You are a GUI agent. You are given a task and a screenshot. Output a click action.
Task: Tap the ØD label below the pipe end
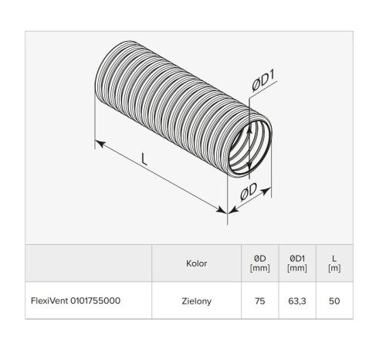click(x=253, y=193)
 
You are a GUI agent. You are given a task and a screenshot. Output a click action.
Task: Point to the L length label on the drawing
click(x=145, y=160)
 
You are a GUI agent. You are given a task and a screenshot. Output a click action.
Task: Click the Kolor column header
click(x=197, y=263)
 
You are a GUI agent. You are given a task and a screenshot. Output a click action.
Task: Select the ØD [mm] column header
click(x=260, y=263)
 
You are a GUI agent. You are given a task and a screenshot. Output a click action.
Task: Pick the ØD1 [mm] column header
click(x=297, y=263)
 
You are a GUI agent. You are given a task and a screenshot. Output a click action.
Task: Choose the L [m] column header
click(x=334, y=263)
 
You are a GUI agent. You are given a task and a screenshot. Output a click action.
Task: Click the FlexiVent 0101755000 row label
click(x=76, y=301)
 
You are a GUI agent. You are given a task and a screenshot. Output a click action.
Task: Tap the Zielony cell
click(x=197, y=301)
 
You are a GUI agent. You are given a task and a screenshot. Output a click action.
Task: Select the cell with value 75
click(x=260, y=301)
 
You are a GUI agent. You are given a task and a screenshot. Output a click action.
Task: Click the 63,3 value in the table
click(x=297, y=301)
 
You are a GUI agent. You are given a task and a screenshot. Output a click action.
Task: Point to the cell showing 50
click(x=334, y=301)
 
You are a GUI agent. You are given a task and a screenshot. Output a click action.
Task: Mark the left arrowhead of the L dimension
click(x=98, y=142)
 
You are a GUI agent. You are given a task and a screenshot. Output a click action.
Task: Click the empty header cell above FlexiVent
click(x=89, y=263)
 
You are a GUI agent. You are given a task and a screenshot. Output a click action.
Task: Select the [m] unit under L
click(x=334, y=269)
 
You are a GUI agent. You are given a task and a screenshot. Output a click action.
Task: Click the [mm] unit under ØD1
click(x=297, y=269)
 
